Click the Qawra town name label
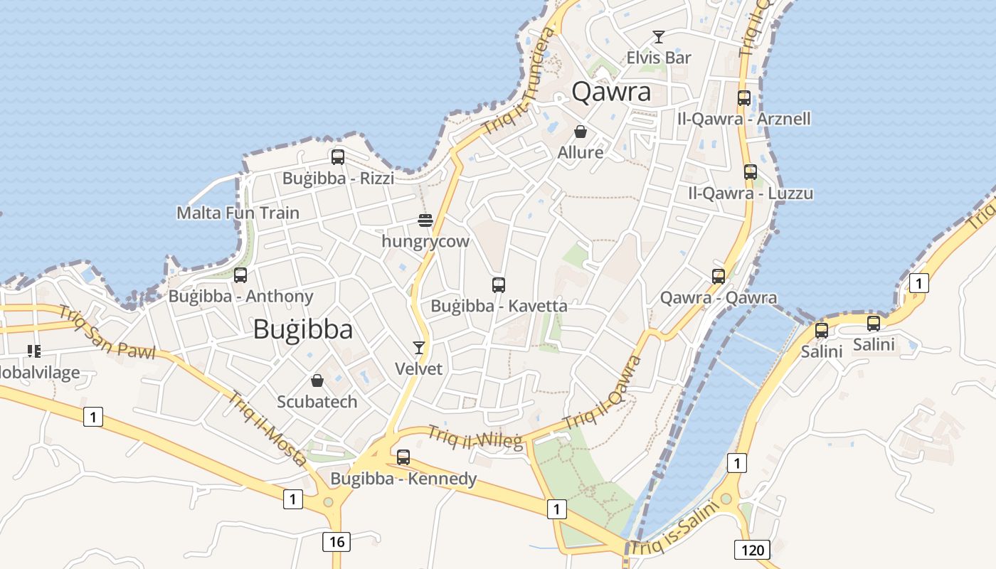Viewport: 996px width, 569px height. tap(611, 92)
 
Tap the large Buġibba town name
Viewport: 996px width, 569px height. tap(302, 329)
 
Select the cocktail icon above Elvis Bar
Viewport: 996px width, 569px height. tap(659, 37)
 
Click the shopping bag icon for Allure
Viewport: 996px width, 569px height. tap(581, 132)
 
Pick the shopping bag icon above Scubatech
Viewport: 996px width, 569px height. tap(317, 381)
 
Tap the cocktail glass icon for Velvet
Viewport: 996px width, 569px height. tap(419, 348)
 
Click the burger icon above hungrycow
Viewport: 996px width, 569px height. tap(425, 220)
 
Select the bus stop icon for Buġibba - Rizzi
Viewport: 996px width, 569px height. tap(338, 157)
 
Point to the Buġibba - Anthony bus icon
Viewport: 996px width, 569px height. tap(240, 275)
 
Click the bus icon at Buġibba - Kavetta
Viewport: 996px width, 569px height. tap(499, 285)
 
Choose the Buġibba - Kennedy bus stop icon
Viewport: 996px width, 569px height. tap(403, 457)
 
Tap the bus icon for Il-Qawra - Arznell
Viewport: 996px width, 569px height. tap(744, 98)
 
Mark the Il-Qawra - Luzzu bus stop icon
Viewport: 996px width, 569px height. tap(751, 172)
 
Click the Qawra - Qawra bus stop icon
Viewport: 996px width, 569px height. tap(719, 277)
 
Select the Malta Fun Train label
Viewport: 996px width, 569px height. tap(238, 213)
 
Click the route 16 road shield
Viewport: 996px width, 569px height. tap(337, 542)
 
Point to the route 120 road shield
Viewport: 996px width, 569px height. tap(752, 550)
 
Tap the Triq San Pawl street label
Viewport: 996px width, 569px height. tap(107, 333)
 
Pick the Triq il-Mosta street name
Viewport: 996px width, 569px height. tap(266, 429)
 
